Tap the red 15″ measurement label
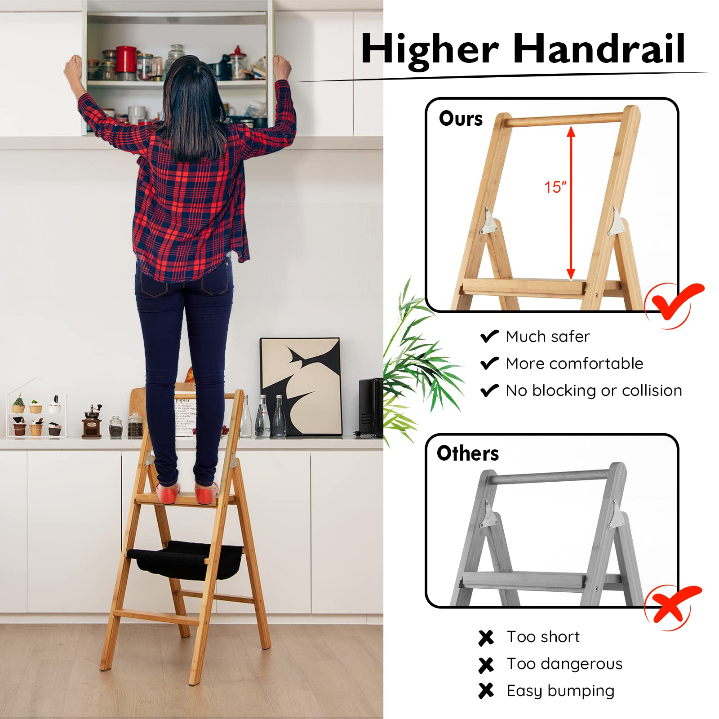(555, 187)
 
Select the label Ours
(461, 119)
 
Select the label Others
(467, 453)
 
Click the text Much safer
(547, 337)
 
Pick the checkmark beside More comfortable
(489, 363)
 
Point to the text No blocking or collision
(594, 391)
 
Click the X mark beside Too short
(486, 637)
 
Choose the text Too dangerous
(564, 664)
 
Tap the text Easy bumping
(560, 691)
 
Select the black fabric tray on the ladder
(184, 559)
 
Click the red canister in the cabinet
(126, 59)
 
